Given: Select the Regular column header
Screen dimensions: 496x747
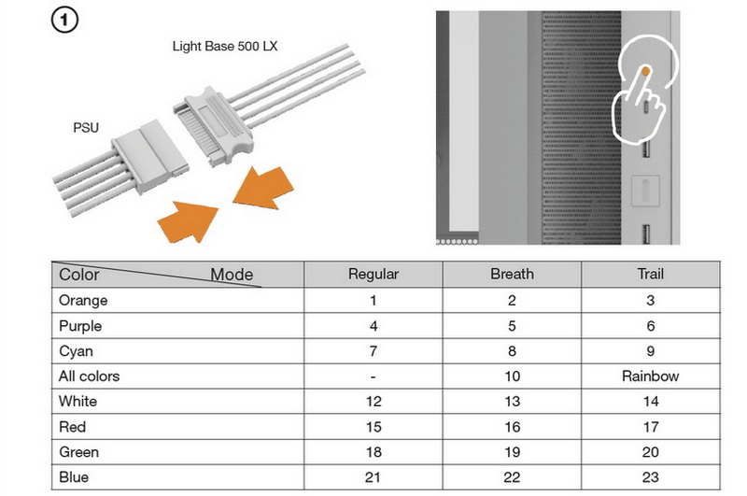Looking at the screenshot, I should coord(373,275).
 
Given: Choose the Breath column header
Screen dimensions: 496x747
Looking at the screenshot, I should coord(512,275).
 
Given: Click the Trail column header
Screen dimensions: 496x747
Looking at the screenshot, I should coord(650,275).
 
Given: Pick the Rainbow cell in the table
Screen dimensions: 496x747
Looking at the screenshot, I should coord(650,376).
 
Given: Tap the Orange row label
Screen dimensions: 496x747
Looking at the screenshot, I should coord(82,301).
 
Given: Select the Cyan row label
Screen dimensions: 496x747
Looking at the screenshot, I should coord(77,351).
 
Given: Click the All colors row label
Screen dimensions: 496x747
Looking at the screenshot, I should coord(89,376).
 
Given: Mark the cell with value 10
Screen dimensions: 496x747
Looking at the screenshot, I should coord(512,376).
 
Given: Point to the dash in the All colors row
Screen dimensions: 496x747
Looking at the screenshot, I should coord(373,376).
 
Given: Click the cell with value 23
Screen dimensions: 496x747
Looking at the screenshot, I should coord(650,477).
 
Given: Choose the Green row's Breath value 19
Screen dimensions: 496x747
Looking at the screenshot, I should coord(512,452).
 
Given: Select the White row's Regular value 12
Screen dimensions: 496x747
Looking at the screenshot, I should coord(373,402).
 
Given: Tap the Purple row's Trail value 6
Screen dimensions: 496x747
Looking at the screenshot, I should coord(650,326).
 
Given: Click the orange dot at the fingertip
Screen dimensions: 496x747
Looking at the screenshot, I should coord(646,71).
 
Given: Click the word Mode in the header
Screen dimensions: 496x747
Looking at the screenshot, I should coord(231,275).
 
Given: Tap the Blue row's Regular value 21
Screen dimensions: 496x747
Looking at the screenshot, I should coord(373,477).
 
